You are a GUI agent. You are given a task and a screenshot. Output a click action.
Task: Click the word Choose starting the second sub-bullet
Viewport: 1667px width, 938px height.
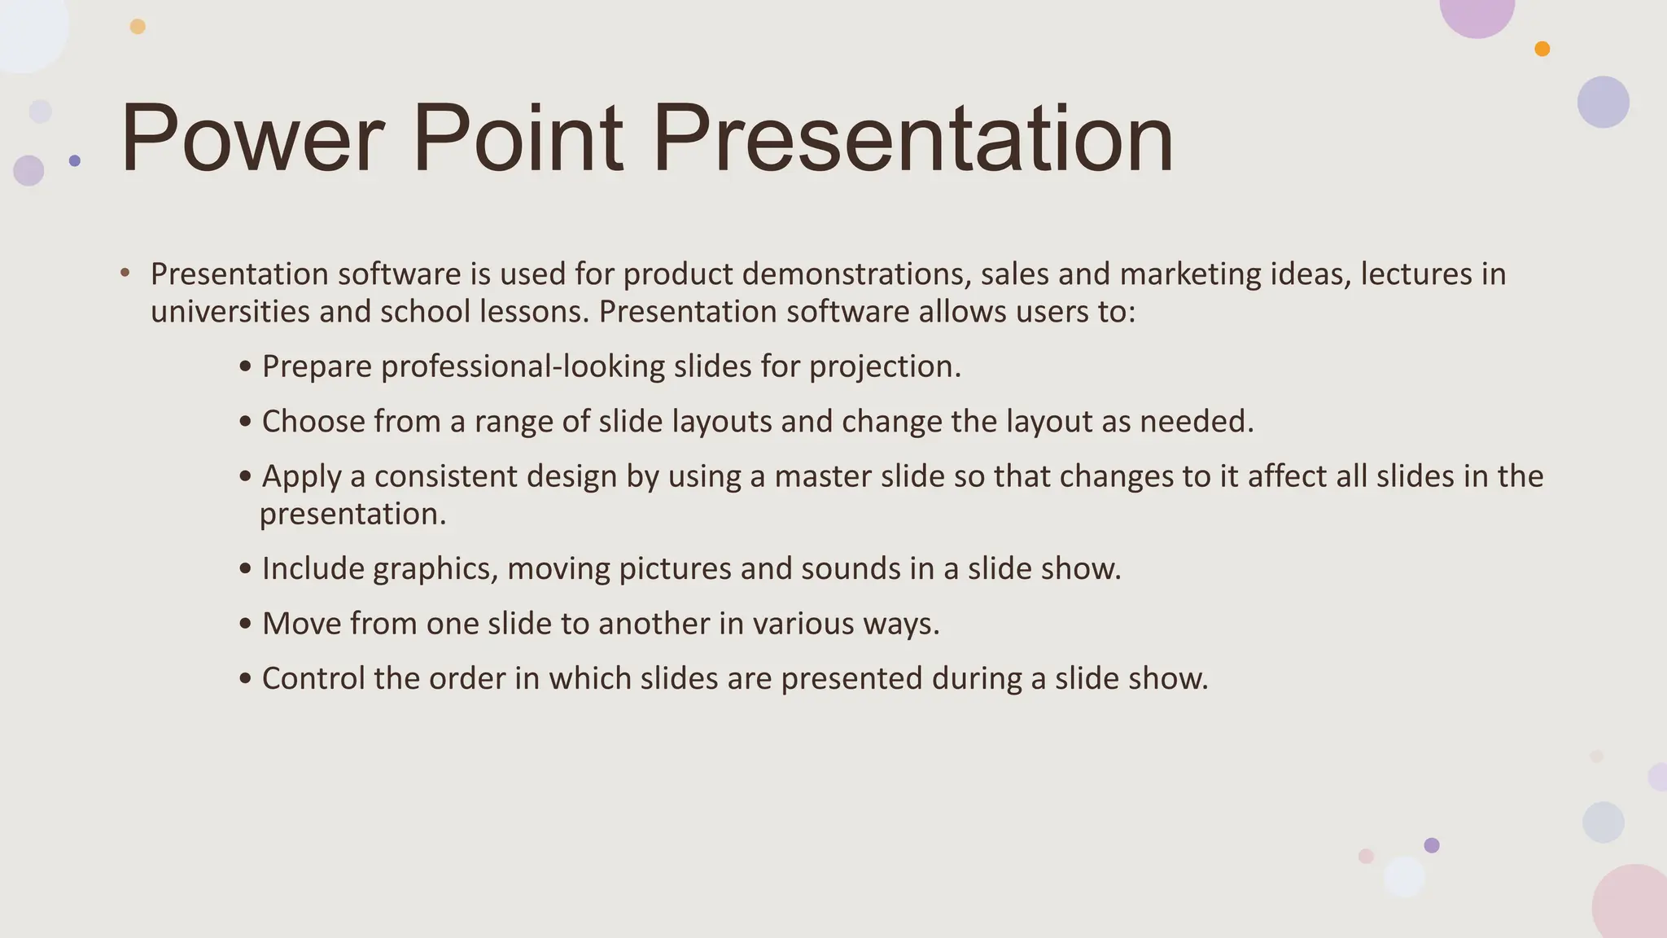coord(313,421)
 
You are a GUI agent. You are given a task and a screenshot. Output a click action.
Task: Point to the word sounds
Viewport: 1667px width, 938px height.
coord(851,568)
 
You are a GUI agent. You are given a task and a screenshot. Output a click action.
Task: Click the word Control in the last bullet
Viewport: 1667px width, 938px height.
coord(313,678)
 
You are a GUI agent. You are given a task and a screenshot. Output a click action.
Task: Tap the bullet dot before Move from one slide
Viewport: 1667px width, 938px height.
coord(246,625)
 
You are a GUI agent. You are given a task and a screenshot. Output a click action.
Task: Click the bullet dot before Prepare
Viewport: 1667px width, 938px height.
coord(246,368)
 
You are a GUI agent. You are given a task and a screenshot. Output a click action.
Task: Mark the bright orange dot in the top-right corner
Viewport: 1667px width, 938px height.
coord(1542,49)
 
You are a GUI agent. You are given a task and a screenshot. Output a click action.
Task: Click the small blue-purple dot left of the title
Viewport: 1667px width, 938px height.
coord(75,160)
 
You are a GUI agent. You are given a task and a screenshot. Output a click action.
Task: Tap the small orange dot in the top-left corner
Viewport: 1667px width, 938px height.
coord(138,27)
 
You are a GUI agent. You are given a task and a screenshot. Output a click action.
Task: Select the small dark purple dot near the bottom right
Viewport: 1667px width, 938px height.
coord(1432,845)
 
